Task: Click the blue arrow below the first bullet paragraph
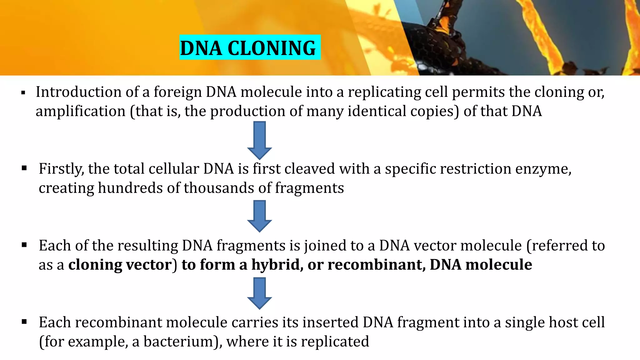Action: (x=259, y=141)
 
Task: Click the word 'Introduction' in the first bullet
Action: (x=78, y=92)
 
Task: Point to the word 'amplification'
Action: (x=80, y=111)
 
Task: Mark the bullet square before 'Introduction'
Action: (x=23, y=93)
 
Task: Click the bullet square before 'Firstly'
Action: (x=24, y=168)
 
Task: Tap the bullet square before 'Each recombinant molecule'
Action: (x=24, y=322)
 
